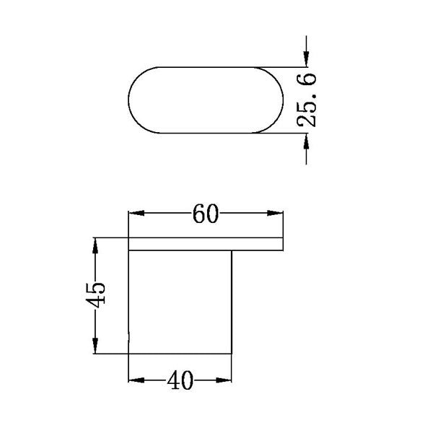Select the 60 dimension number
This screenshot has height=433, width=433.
coord(206,214)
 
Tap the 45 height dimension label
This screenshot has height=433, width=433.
coord(95,294)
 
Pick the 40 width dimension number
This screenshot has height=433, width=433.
coord(180,380)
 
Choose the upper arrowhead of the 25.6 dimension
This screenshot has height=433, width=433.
coord(307,57)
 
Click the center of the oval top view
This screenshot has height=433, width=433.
coord(205,100)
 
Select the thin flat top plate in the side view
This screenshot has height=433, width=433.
coord(205,244)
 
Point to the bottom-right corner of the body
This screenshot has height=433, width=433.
coord(232,354)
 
